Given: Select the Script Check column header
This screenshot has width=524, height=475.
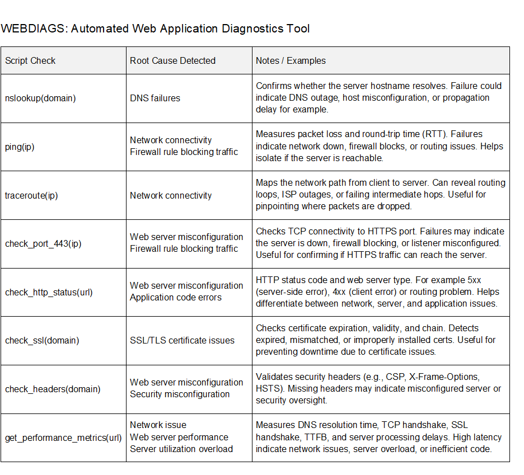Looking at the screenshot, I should [30, 60].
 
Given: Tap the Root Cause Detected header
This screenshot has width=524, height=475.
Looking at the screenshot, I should [172, 60].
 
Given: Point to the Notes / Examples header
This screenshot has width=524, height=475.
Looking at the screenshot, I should [291, 60].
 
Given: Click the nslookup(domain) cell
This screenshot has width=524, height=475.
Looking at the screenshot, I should [40, 98].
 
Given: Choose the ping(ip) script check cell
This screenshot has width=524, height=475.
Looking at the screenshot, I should [20, 147].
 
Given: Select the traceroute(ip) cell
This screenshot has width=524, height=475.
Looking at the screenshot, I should [31, 195].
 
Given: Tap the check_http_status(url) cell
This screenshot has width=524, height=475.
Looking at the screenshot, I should [49, 292].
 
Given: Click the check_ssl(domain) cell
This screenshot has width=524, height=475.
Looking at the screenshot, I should [42, 340].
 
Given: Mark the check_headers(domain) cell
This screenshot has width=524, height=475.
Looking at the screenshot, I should [53, 389].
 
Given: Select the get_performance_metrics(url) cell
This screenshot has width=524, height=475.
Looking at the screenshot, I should [63, 438].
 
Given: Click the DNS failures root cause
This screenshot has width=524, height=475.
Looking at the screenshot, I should [155, 98].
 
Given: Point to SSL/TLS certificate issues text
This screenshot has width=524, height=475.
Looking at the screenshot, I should [182, 340].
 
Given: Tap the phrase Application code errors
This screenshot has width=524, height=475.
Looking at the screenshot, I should [176, 298].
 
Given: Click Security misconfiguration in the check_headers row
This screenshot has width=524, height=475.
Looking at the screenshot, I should [180, 394].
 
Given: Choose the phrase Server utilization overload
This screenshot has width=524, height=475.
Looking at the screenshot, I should [181, 449].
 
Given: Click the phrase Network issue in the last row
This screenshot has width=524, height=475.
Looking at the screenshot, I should [158, 425].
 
